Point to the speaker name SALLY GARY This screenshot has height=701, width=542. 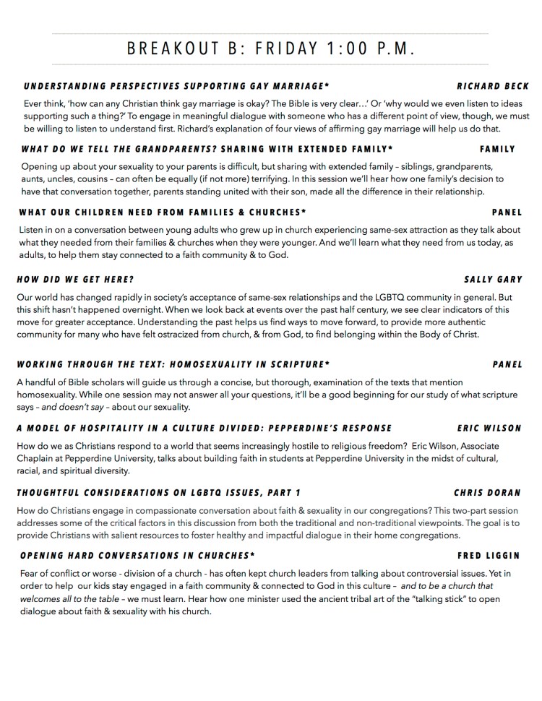[x=494, y=279]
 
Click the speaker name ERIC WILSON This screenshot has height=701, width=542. [x=489, y=428]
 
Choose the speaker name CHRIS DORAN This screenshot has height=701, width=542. [x=488, y=493]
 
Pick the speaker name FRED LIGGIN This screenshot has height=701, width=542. [x=489, y=556]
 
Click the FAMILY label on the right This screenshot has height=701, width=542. [x=497, y=149]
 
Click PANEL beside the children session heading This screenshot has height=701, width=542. [x=507, y=212]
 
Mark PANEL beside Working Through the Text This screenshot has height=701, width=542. [x=507, y=364]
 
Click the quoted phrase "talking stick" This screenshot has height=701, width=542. [x=388, y=599]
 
